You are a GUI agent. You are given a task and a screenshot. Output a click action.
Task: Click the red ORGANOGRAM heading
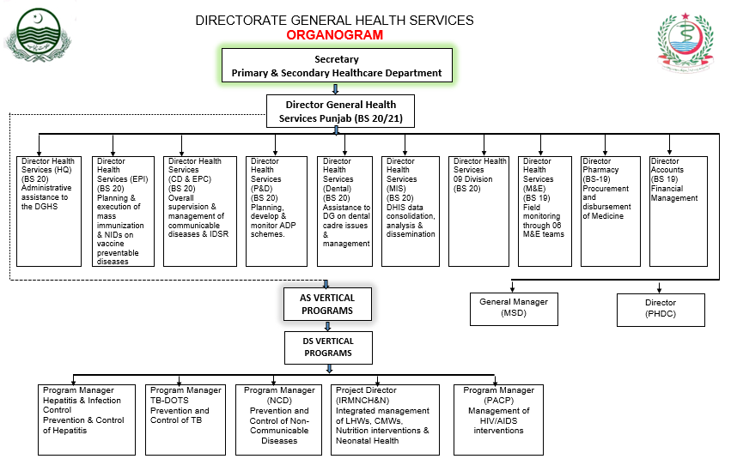pos(335,35)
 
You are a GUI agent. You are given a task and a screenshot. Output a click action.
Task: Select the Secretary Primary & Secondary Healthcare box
pos(337,66)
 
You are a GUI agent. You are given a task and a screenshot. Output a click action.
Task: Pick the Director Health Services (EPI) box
pos(123,210)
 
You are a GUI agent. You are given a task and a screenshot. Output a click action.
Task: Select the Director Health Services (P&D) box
pos(276,210)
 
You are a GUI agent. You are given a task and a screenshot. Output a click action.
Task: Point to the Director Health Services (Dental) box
pos(345,210)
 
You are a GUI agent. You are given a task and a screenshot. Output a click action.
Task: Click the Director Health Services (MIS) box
pos(411,210)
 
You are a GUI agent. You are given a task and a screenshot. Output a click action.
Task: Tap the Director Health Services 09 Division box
pos(480,210)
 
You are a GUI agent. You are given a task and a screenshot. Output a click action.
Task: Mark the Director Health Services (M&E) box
pos(545,210)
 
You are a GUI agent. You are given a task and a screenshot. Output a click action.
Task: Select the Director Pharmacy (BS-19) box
pos(611,210)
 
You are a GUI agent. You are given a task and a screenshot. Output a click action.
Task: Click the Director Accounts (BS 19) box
pos(678,210)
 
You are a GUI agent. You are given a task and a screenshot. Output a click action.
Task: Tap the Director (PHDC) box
pos(661,309)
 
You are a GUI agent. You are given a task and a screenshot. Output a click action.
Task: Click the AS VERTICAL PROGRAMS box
pos(327,305)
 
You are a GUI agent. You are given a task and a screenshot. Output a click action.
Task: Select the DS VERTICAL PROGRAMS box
pos(327,347)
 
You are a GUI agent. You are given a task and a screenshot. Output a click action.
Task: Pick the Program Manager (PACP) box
pos(498,419)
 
